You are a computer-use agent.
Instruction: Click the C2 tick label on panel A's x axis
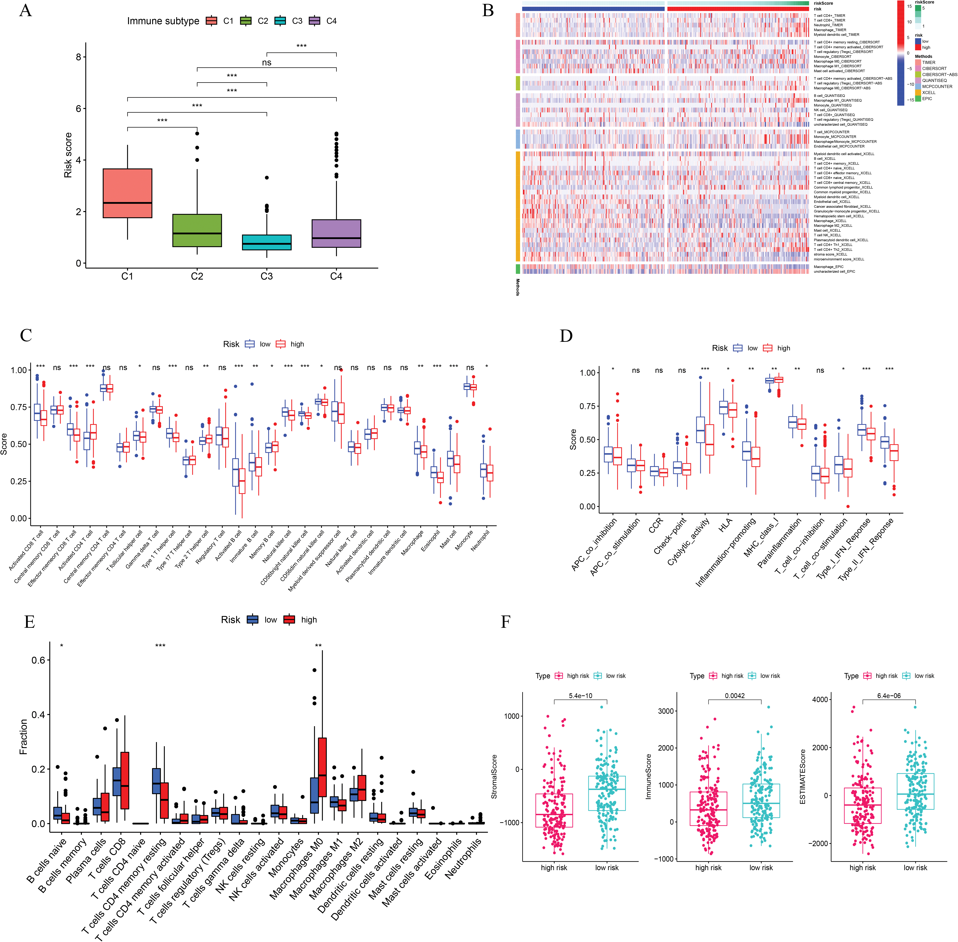[197, 276]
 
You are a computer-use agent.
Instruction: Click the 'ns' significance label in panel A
[267, 62]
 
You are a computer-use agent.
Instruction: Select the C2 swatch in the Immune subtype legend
[246, 21]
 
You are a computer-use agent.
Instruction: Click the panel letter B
[488, 11]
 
